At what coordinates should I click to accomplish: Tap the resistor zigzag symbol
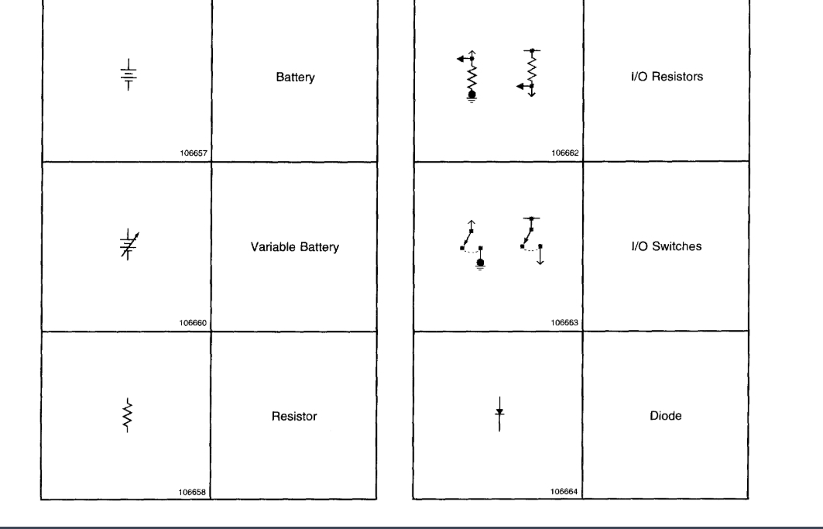(x=126, y=416)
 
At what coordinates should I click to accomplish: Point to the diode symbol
(x=499, y=414)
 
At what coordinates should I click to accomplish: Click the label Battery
(x=295, y=77)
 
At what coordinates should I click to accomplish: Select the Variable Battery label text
(x=294, y=248)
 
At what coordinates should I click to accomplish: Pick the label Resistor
(x=295, y=417)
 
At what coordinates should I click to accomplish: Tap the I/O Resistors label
(x=666, y=77)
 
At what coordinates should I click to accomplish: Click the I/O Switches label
(x=666, y=246)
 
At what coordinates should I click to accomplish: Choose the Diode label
(x=666, y=416)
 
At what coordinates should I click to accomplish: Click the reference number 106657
(x=194, y=153)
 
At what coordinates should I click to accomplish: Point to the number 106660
(x=194, y=323)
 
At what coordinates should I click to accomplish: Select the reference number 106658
(x=194, y=492)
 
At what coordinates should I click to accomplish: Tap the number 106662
(x=565, y=153)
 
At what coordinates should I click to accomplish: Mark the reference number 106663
(x=565, y=323)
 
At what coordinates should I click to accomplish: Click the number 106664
(x=565, y=492)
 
